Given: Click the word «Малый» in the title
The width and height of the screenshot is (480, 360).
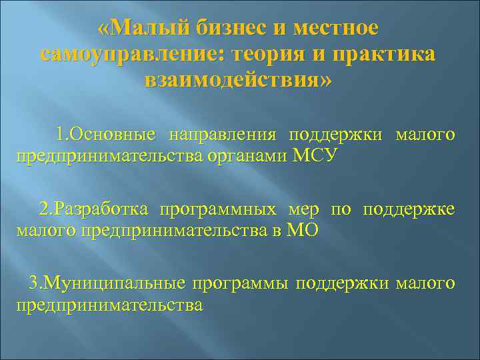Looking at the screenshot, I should coord(150,29).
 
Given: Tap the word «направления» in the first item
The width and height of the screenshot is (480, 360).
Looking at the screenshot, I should coord(223,135).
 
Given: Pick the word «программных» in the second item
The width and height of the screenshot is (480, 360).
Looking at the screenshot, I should coord(217,210).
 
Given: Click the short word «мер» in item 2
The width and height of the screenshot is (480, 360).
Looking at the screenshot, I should coord(303,210).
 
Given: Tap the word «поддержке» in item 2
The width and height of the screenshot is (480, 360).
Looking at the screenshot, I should coord(409,210).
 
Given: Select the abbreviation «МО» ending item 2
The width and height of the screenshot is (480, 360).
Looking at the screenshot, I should coord(303,231).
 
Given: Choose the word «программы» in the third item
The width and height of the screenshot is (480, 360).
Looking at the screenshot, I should coord(241,284).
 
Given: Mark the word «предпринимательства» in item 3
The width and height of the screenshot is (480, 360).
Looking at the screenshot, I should coord(109,305).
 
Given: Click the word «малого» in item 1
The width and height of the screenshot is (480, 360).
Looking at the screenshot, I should coord(425,135).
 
